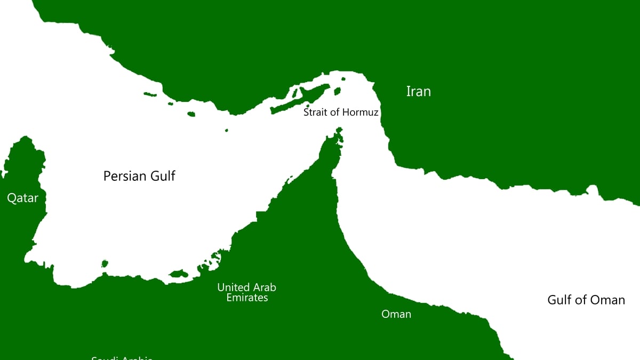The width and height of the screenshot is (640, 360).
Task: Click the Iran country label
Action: click(418, 91)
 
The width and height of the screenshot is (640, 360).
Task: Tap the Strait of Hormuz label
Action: click(341, 113)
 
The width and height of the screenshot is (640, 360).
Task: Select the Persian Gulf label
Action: click(139, 175)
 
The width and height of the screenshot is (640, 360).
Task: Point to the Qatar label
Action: click(22, 198)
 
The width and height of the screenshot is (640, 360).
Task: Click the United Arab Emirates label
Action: click(246, 292)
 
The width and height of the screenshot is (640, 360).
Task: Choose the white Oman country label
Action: click(396, 314)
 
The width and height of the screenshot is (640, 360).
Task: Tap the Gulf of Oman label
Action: click(586, 300)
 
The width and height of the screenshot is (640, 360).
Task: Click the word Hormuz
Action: click(360, 113)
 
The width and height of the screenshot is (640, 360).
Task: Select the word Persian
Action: click(122, 175)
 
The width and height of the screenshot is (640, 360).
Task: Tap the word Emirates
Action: click(247, 298)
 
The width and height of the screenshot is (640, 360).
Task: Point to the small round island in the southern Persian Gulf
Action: click(105, 263)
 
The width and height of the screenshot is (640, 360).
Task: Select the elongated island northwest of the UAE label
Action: click(179, 274)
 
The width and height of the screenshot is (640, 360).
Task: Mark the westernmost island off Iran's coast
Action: click(150, 95)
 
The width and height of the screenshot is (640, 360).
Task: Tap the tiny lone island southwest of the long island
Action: click(227, 130)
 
